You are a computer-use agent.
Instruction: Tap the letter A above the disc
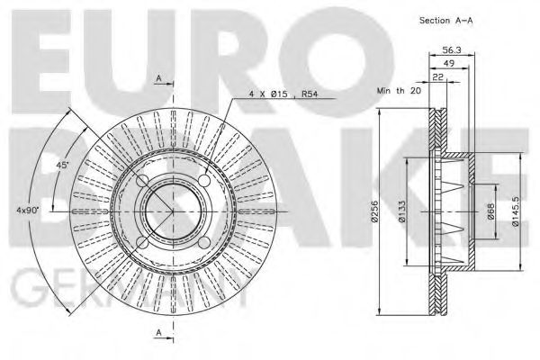tap(159, 79)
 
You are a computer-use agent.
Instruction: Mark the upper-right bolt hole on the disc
tap(203, 182)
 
